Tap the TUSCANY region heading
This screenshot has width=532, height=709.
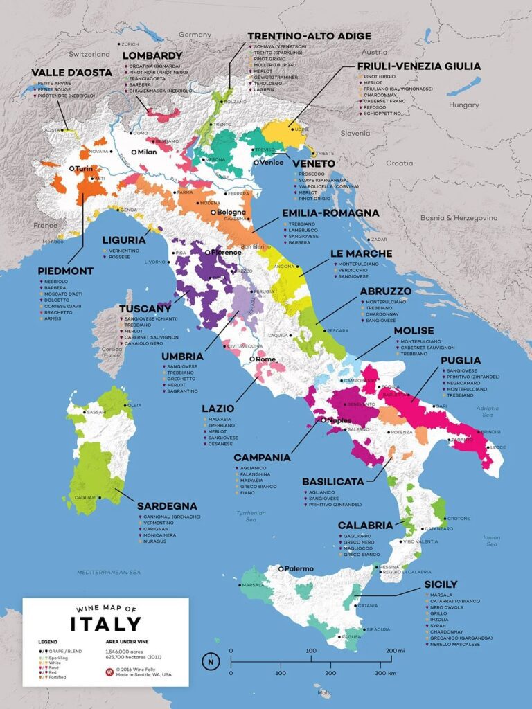[x=145, y=308]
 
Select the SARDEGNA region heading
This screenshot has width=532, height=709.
[x=166, y=506]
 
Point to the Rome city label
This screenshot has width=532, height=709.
[x=266, y=359]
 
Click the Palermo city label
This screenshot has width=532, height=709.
[x=297, y=568]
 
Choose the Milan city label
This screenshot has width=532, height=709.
[x=148, y=152]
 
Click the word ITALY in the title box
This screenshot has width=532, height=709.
[x=105, y=623]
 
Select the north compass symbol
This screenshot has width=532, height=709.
[x=211, y=661]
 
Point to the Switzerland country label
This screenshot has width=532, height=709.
[x=89, y=54]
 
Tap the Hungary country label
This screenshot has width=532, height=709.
[x=463, y=105]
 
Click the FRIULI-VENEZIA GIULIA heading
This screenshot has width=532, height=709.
[x=418, y=66]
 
